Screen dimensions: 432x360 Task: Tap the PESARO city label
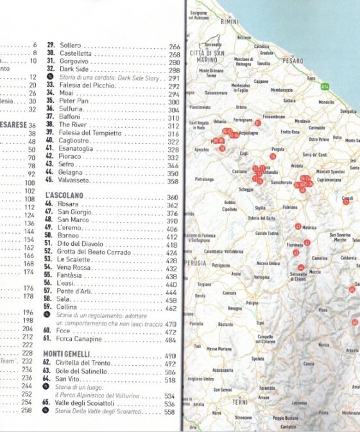click(292, 60)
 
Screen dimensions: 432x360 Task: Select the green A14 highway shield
click(325, 85)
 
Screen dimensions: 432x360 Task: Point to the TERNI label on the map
click(239, 402)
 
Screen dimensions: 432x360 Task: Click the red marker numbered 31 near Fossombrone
click(257, 122)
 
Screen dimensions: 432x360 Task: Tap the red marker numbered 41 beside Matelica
click(298, 227)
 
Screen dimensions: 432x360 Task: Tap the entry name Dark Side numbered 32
click(74, 69)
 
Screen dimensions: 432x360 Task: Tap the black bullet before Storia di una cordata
click(49, 78)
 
